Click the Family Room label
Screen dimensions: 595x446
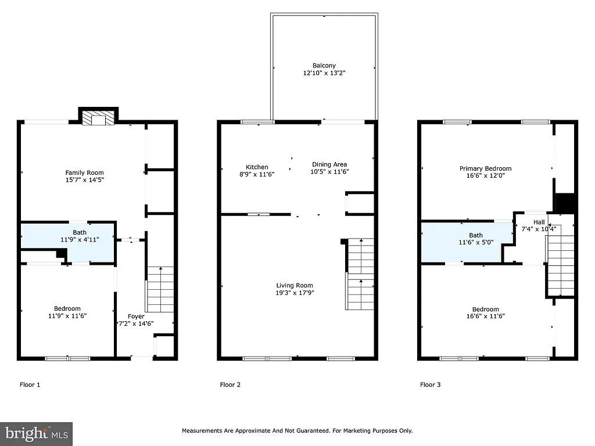[84, 172]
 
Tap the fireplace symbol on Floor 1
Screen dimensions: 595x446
[99, 118]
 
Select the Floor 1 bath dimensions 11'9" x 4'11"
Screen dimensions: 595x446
[80, 240]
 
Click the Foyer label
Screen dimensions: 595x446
[136, 316]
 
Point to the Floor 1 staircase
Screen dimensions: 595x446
[160, 289]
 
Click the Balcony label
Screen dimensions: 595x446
[324, 66]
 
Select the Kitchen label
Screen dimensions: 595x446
[257, 167]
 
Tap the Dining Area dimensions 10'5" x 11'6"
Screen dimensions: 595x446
[329, 171]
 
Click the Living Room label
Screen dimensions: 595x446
[295, 286]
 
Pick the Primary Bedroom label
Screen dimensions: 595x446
[485, 168]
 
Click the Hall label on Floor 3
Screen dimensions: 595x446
[539, 222]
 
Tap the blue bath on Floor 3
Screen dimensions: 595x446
[467, 242]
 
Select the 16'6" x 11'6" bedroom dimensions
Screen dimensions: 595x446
[485, 316]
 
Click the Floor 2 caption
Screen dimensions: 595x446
[230, 384]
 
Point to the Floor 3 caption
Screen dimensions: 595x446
[431, 384]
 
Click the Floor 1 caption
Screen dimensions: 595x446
[30, 384]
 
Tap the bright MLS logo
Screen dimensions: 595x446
[37, 434]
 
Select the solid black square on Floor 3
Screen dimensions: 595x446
[565, 203]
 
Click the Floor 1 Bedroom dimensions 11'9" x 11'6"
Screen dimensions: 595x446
[67, 315]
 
